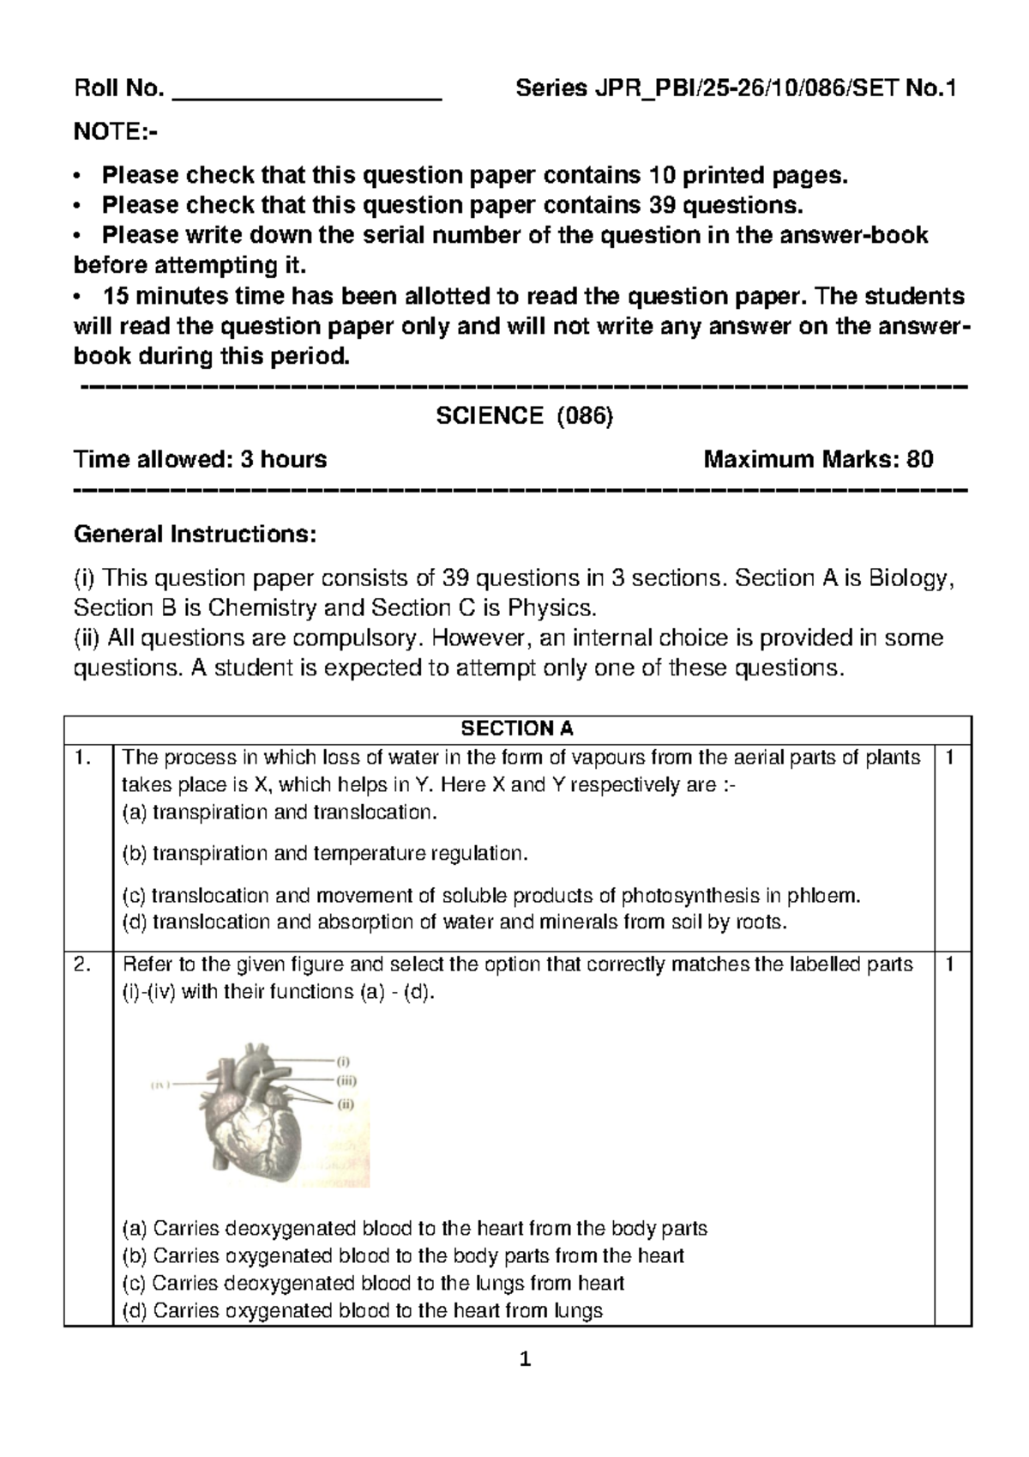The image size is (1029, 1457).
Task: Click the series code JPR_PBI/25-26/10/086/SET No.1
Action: click(735, 89)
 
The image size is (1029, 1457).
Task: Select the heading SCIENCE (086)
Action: click(525, 416)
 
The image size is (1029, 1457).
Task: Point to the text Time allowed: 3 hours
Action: click(201, 460)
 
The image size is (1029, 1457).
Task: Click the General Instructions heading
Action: click(196, 535)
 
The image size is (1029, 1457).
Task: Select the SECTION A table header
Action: click(517, 729)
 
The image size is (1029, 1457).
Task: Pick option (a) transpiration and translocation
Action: click(280, 813)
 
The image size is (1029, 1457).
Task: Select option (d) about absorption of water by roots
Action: click(454, 923)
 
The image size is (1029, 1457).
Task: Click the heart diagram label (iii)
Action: click(346, 1082)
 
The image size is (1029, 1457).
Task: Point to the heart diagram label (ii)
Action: click(346, 1104)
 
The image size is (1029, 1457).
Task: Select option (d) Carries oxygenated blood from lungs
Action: click(364, 1311)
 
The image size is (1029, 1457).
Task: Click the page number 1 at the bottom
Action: click(527, 1361)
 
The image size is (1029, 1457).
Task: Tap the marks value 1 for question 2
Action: click(949, 965)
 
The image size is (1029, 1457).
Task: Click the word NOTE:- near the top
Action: click(116, 134)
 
